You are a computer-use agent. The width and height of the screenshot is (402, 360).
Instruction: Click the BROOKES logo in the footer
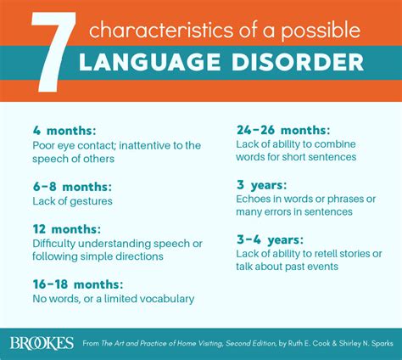42,343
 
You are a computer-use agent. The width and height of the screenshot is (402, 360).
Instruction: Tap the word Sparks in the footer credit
379,343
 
